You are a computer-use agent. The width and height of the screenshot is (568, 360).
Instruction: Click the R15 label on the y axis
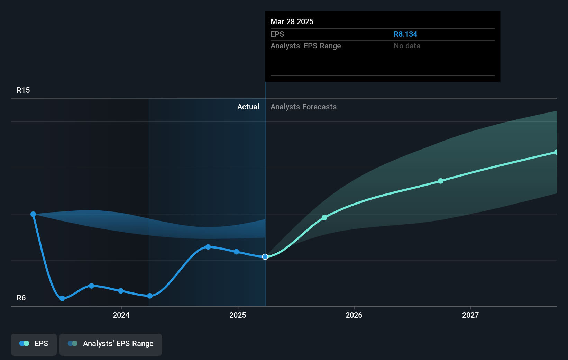click(x=23, y=90)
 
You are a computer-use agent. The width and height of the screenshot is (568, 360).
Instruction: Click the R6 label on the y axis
click(x=21, y=298)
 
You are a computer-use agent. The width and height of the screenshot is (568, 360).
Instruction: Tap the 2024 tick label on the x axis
click(x=121, y=315)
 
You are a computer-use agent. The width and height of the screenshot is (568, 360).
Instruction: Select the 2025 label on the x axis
click(x=238, y=315)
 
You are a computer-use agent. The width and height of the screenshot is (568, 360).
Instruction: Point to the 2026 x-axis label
click(x=354, y=315)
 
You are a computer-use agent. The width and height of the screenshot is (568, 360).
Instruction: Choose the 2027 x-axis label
click(x=470, y=315)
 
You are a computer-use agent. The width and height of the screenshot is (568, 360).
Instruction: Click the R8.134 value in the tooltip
click(x=405, y=34)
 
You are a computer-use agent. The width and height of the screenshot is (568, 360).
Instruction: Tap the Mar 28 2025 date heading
click(x=292, y=22)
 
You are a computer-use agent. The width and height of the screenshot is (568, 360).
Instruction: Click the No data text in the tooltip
click(x=407, y=46)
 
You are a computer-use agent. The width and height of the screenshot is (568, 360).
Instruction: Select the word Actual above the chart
click(x=248, y=107)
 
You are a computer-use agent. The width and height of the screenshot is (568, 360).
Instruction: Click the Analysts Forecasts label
click(x=303, y=107)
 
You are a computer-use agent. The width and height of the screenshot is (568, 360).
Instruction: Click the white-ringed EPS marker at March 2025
click(x=265, y=257)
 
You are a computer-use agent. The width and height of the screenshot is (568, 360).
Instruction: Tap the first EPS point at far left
click(x=33, y=214)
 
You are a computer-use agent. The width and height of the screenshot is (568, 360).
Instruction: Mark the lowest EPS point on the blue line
click(x=62, y=298)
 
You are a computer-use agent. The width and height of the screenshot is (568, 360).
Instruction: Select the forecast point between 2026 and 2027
click(x=440, y=181)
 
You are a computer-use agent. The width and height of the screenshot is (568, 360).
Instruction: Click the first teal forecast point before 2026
click(x=324, y=218)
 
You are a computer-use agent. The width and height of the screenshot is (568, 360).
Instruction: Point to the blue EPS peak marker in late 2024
click(x=208, y=247)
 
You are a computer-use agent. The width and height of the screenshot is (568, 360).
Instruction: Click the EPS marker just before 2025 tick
click(x=236, y=252)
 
